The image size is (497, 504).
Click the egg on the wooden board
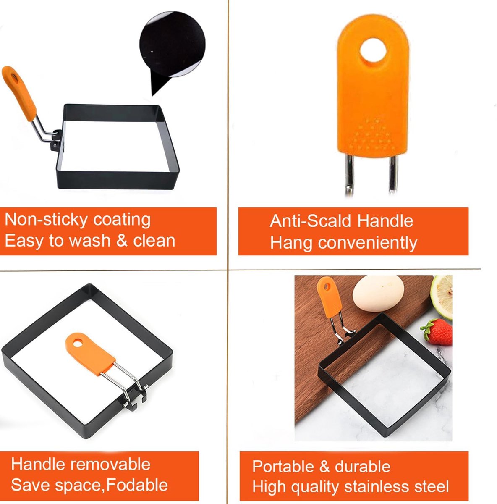(x=378, y=294)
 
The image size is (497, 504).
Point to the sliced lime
(x=443, y=295)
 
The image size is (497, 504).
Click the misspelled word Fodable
(x=137, y=485)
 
